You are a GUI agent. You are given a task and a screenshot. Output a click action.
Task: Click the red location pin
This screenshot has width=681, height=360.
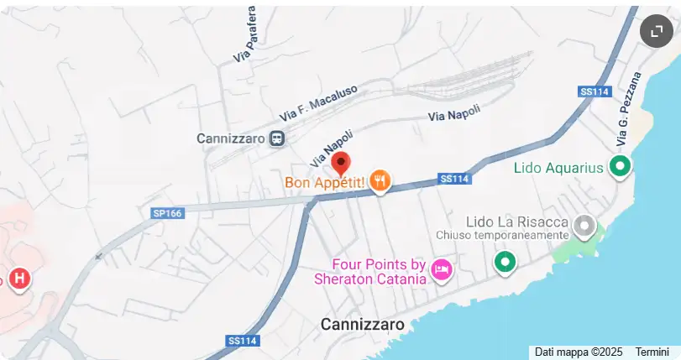pos(341,164)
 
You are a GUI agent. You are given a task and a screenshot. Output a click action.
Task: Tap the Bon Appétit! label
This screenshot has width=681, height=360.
pos(324,181)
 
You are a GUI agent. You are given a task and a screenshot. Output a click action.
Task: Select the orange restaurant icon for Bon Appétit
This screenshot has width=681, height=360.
pos(380,180)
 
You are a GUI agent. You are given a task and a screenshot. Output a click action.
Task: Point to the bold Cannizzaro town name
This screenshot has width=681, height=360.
pos(363,324)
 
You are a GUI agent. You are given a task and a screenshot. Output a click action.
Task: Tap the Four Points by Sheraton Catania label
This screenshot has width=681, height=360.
pos(370,271)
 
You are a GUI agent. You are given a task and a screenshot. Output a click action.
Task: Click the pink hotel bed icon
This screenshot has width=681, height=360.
pos(441,269)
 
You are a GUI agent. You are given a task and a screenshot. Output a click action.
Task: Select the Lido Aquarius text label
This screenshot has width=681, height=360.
pos(558,168)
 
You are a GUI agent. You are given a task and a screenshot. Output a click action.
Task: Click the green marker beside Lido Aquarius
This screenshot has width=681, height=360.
pos(621,166)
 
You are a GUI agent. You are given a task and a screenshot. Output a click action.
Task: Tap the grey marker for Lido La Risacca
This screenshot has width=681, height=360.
pos(584,225)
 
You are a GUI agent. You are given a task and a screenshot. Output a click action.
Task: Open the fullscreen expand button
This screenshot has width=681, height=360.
pos(655,31)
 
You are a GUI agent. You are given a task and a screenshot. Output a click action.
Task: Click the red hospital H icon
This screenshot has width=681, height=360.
pos(19,278)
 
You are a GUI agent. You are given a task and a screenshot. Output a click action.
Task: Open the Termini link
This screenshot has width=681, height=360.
pos(652,352)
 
